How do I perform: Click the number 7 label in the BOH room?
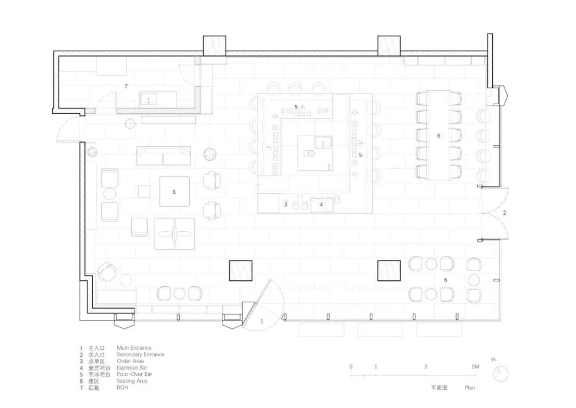click(126, 86)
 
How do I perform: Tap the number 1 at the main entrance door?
click(262, 321)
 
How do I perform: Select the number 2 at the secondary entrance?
click(505, 213)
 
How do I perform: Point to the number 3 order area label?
click(286, 204)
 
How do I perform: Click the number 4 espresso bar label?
click(321, 204)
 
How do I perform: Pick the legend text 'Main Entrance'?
click(134, 348)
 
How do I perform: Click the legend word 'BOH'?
click(123, 387)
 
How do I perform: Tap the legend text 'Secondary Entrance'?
click(140, 354)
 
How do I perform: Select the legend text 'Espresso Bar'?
click(132, 367)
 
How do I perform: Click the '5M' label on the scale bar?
click(475, 367)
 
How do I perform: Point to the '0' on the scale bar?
click(351, 367)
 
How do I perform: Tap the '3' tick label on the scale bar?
click(426, 367)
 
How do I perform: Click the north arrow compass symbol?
click(500, 373)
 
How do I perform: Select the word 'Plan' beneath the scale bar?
click(469, 388)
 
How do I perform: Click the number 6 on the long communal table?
click(439, 136)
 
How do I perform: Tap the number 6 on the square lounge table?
click(174, 191)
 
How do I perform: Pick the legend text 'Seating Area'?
click(132, 381)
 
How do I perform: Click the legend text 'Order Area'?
click(131, 361)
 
